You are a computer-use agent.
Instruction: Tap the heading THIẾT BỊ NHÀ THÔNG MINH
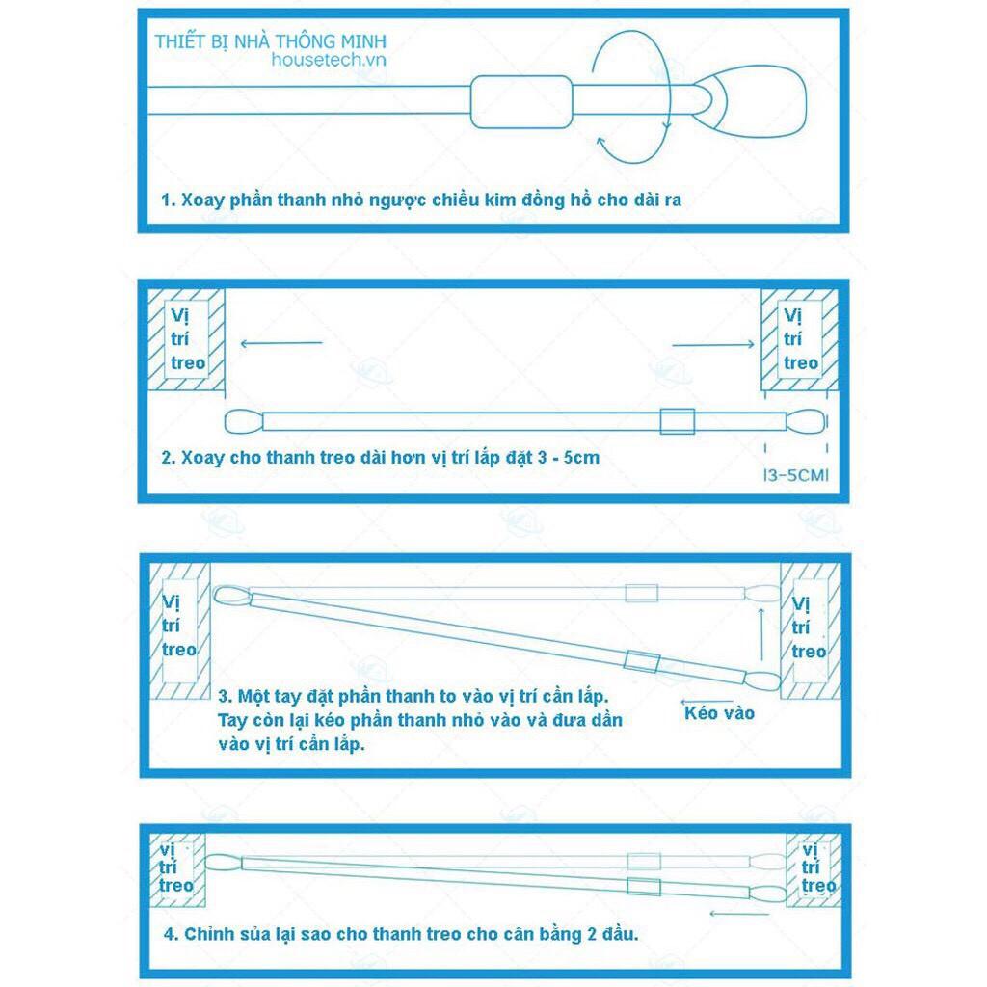click(271, 42)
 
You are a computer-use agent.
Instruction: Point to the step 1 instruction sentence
click(421, 200)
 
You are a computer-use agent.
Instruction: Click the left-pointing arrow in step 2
click(280, 342)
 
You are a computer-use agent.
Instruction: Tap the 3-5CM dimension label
click(795, 474)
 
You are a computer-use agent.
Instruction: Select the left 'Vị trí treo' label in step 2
click(187, 339)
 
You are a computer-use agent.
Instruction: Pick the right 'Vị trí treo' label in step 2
click(800, 339)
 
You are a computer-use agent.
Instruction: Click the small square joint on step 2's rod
click(677, 421)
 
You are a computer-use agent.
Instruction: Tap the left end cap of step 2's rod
click(243, 421)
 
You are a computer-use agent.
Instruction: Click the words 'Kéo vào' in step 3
click(719, 713)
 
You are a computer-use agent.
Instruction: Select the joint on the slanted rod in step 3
click(640, 660)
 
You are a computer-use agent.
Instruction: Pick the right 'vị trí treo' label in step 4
click(816, 867)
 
